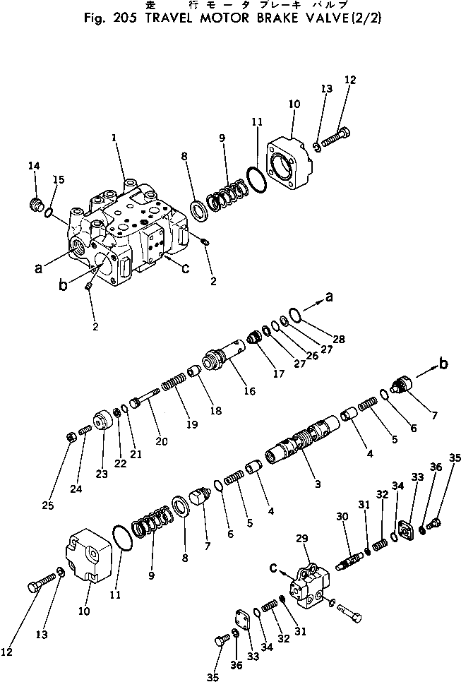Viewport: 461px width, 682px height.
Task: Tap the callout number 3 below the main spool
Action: pos(318,484)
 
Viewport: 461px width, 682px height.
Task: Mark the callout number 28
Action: pos(339,340)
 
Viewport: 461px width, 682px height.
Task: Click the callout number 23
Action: pos(102,474)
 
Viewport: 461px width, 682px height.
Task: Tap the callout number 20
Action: pos(162,441)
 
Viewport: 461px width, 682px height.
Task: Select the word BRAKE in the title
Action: pos(273,19)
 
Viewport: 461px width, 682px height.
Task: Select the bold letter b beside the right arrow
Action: pos(443,364)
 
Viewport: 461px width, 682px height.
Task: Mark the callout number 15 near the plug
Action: pos(59,179)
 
